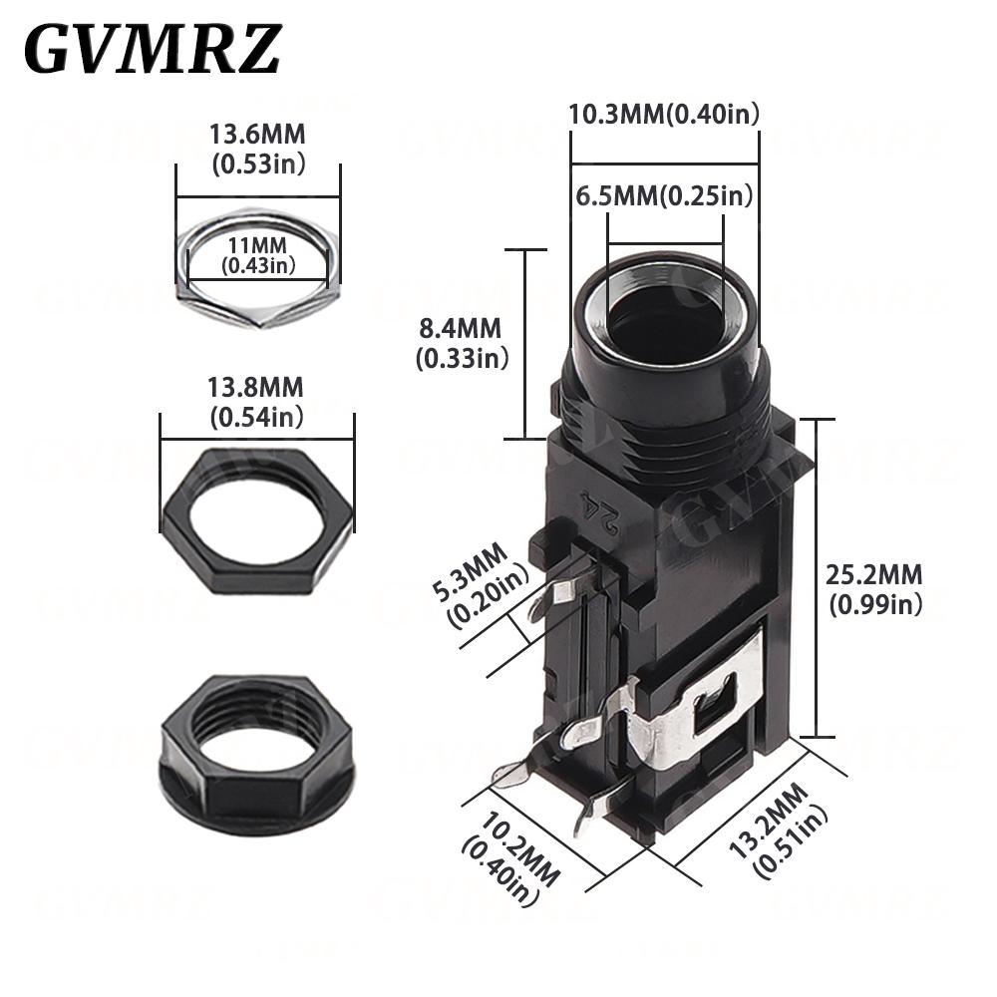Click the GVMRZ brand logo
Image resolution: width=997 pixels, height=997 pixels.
(152, 48)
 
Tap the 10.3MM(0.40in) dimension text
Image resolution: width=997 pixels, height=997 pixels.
(664, 114)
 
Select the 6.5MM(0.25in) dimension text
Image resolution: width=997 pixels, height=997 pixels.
(664, 195)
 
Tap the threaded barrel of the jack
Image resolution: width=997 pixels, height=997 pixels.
(666, 409)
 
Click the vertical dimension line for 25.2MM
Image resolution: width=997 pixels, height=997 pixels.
(817, 578)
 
